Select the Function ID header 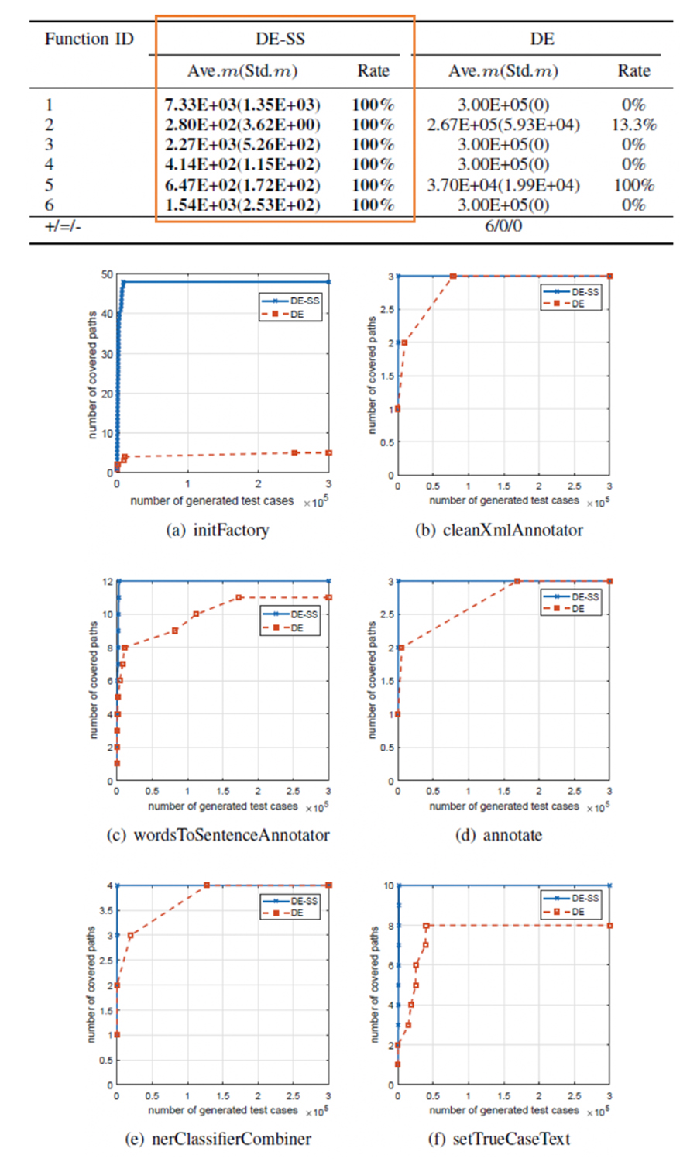click(x=89, y=39)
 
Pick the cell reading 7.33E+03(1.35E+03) click(x=242, y=105)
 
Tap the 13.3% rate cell click(x=633, y=125)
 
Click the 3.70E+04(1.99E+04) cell click(x=503, y=185)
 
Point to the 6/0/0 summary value click(x=503, y=226)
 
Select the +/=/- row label click(x=63, y=226)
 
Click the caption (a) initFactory click(x=218, y=530)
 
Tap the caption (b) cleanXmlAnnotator click(x=499, y=530)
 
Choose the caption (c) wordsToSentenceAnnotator click(x=218, y=835)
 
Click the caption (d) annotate click(x=499, y=835)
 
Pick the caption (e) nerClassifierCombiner click(x=218, y=1139)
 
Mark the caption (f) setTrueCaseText click(x=499, y=1139)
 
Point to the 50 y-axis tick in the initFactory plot click(x=107, y=274)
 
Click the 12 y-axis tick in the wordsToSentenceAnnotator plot click(x=108, y=581)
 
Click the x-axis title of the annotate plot click(x=504, y=806)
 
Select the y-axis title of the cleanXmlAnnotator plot click(x=371, y=376)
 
